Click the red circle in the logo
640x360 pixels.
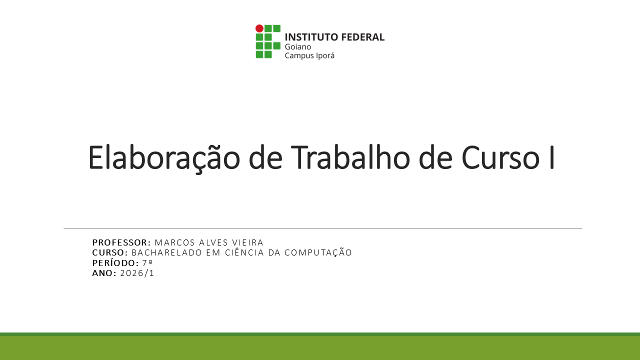click(x=259, y=28)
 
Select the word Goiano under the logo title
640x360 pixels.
click(x=298, y=46)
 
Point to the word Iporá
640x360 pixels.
click(x=324, y=55)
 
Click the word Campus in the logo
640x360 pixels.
click(x=298, y=56)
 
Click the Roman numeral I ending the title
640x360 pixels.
click(x=551, y=158)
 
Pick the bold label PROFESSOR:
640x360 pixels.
click(x=121, y=242)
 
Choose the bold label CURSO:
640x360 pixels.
click(x=110, y=252)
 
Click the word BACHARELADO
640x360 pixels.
click(x=167, y=252)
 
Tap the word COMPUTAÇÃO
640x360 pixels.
click(x=318, y=252)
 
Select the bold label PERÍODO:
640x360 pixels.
click(x=115, y=263)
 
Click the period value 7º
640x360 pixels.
click(x=147, y=263)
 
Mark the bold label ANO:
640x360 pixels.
click(x=104, y=273)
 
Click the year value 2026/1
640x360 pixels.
click(x=137, y=273)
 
